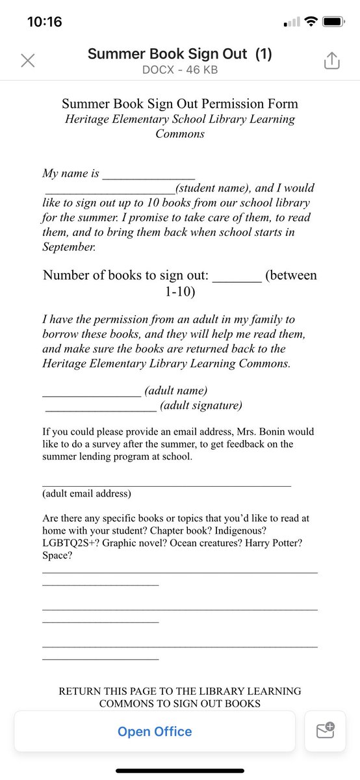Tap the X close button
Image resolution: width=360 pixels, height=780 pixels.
(27, 61)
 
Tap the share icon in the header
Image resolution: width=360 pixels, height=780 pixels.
(331, 61)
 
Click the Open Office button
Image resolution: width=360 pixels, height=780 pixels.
(155, 732)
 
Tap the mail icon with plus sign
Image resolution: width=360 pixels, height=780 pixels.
(325, 731)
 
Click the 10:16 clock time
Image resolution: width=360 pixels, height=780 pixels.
(45, 21)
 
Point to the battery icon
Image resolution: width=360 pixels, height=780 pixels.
(333, 22)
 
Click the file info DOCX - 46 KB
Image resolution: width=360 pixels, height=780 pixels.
(180, 68)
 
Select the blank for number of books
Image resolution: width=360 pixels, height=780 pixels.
(237, 277)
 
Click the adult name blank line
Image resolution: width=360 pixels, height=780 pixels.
(91, 392)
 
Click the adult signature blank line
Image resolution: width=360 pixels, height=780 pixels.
(101, 408)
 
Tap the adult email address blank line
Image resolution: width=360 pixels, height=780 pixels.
(166, 485)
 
